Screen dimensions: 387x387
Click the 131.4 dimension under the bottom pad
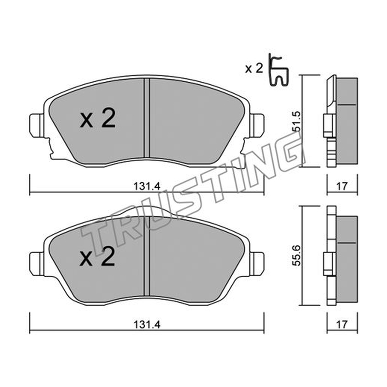click(x=147, y=324)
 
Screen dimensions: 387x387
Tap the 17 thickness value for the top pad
click(x=342, y=186)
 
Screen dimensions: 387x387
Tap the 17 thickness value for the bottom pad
click(x=342, y=324)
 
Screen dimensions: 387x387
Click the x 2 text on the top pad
click(x=98, y=119)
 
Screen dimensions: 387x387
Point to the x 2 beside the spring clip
click(x=254, y=68)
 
